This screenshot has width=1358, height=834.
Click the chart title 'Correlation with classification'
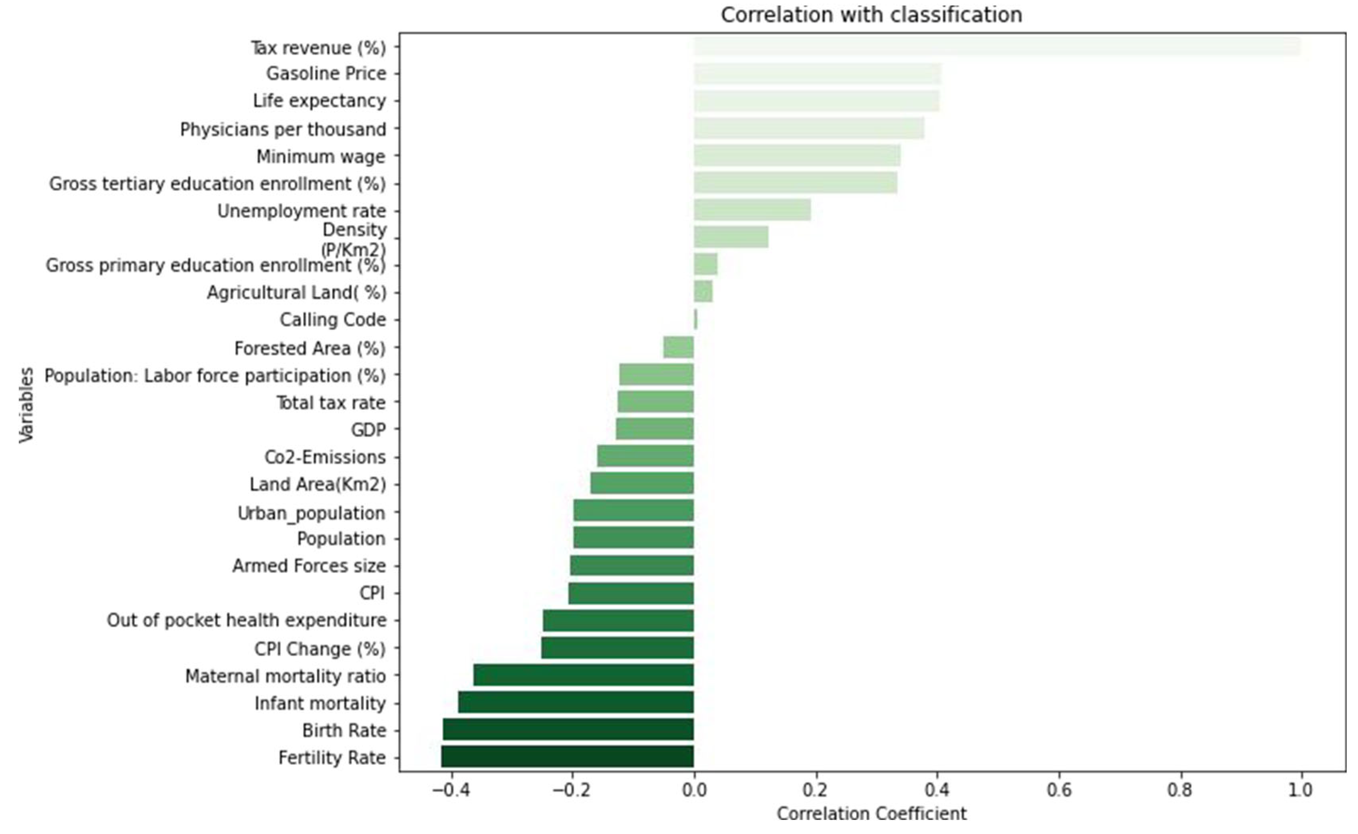click(x=872, y=15)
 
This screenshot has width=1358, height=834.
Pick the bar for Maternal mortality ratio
click(x=583, y=675)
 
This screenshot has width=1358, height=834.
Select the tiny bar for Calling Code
click(x=695, y=320)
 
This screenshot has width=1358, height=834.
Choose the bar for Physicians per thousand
click(x=809, y=129)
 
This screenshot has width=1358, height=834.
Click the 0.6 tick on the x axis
click(x=1059, y=790)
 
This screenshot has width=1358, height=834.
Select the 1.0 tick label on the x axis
click(x=1300, y=790)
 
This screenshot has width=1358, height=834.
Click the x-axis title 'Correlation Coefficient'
click(x=872, y=814)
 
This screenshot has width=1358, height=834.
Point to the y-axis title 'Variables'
click(x=26, y=405)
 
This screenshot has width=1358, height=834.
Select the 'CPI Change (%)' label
click(x=320, y=649)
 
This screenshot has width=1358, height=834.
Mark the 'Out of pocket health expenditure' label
click(x=246, y=621)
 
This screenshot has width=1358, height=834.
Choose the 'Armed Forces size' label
click(x=308, y=566)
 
